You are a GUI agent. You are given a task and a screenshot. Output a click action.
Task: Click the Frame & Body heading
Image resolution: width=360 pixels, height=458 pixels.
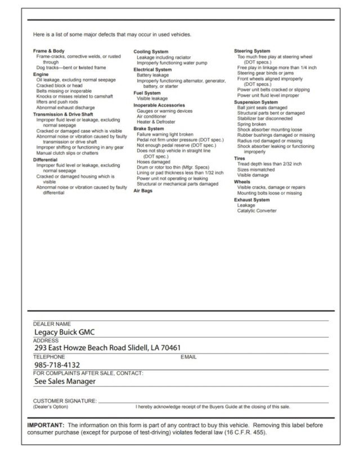click(x=48, y=51)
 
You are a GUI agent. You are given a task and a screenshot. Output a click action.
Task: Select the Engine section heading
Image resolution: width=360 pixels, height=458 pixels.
click(x=40, y=74)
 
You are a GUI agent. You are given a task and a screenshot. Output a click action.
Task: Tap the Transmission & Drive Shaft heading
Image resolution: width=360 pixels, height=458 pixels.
click(x=62, y=114)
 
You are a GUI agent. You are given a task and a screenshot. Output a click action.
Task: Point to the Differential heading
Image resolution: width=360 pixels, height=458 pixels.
click(x=45, y=160)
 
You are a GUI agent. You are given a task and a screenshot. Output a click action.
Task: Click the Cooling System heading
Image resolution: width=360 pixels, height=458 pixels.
click(x=150, y=52)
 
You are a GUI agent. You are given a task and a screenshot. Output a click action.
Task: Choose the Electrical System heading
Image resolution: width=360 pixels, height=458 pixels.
click(x=152, y=69)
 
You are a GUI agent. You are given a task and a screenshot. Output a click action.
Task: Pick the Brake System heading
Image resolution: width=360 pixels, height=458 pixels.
click(x=148, y=129)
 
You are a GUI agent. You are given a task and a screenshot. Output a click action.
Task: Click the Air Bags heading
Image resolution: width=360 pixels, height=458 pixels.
click(x=143, y=191)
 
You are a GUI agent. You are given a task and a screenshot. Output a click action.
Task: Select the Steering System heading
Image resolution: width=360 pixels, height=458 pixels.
click(x=252, y=51)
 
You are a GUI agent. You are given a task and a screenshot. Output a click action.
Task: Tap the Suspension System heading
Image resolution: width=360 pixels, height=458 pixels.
click(x=256, y=102)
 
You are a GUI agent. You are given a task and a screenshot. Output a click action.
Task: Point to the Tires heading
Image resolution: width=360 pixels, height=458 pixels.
click(x=240, y=159)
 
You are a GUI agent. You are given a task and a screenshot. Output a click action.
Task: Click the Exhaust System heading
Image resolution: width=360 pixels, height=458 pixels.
click(x=251, y=200)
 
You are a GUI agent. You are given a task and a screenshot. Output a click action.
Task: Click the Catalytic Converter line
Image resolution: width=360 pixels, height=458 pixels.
click(x=256, y=211)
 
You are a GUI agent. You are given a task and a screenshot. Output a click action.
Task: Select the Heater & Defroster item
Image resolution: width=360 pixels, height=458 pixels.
click(x=156, y=122)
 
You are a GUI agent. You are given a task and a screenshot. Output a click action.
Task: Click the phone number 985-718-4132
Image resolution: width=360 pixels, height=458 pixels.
click(x=57, y=365)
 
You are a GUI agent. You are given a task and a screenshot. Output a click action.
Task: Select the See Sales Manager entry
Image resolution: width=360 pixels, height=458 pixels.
click(x=65, y=381)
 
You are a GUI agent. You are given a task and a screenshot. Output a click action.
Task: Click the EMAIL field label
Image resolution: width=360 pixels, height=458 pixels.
click(x=188, y=357)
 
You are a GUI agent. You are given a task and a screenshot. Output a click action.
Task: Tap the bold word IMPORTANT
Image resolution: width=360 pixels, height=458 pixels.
click(x=46, y=425)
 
